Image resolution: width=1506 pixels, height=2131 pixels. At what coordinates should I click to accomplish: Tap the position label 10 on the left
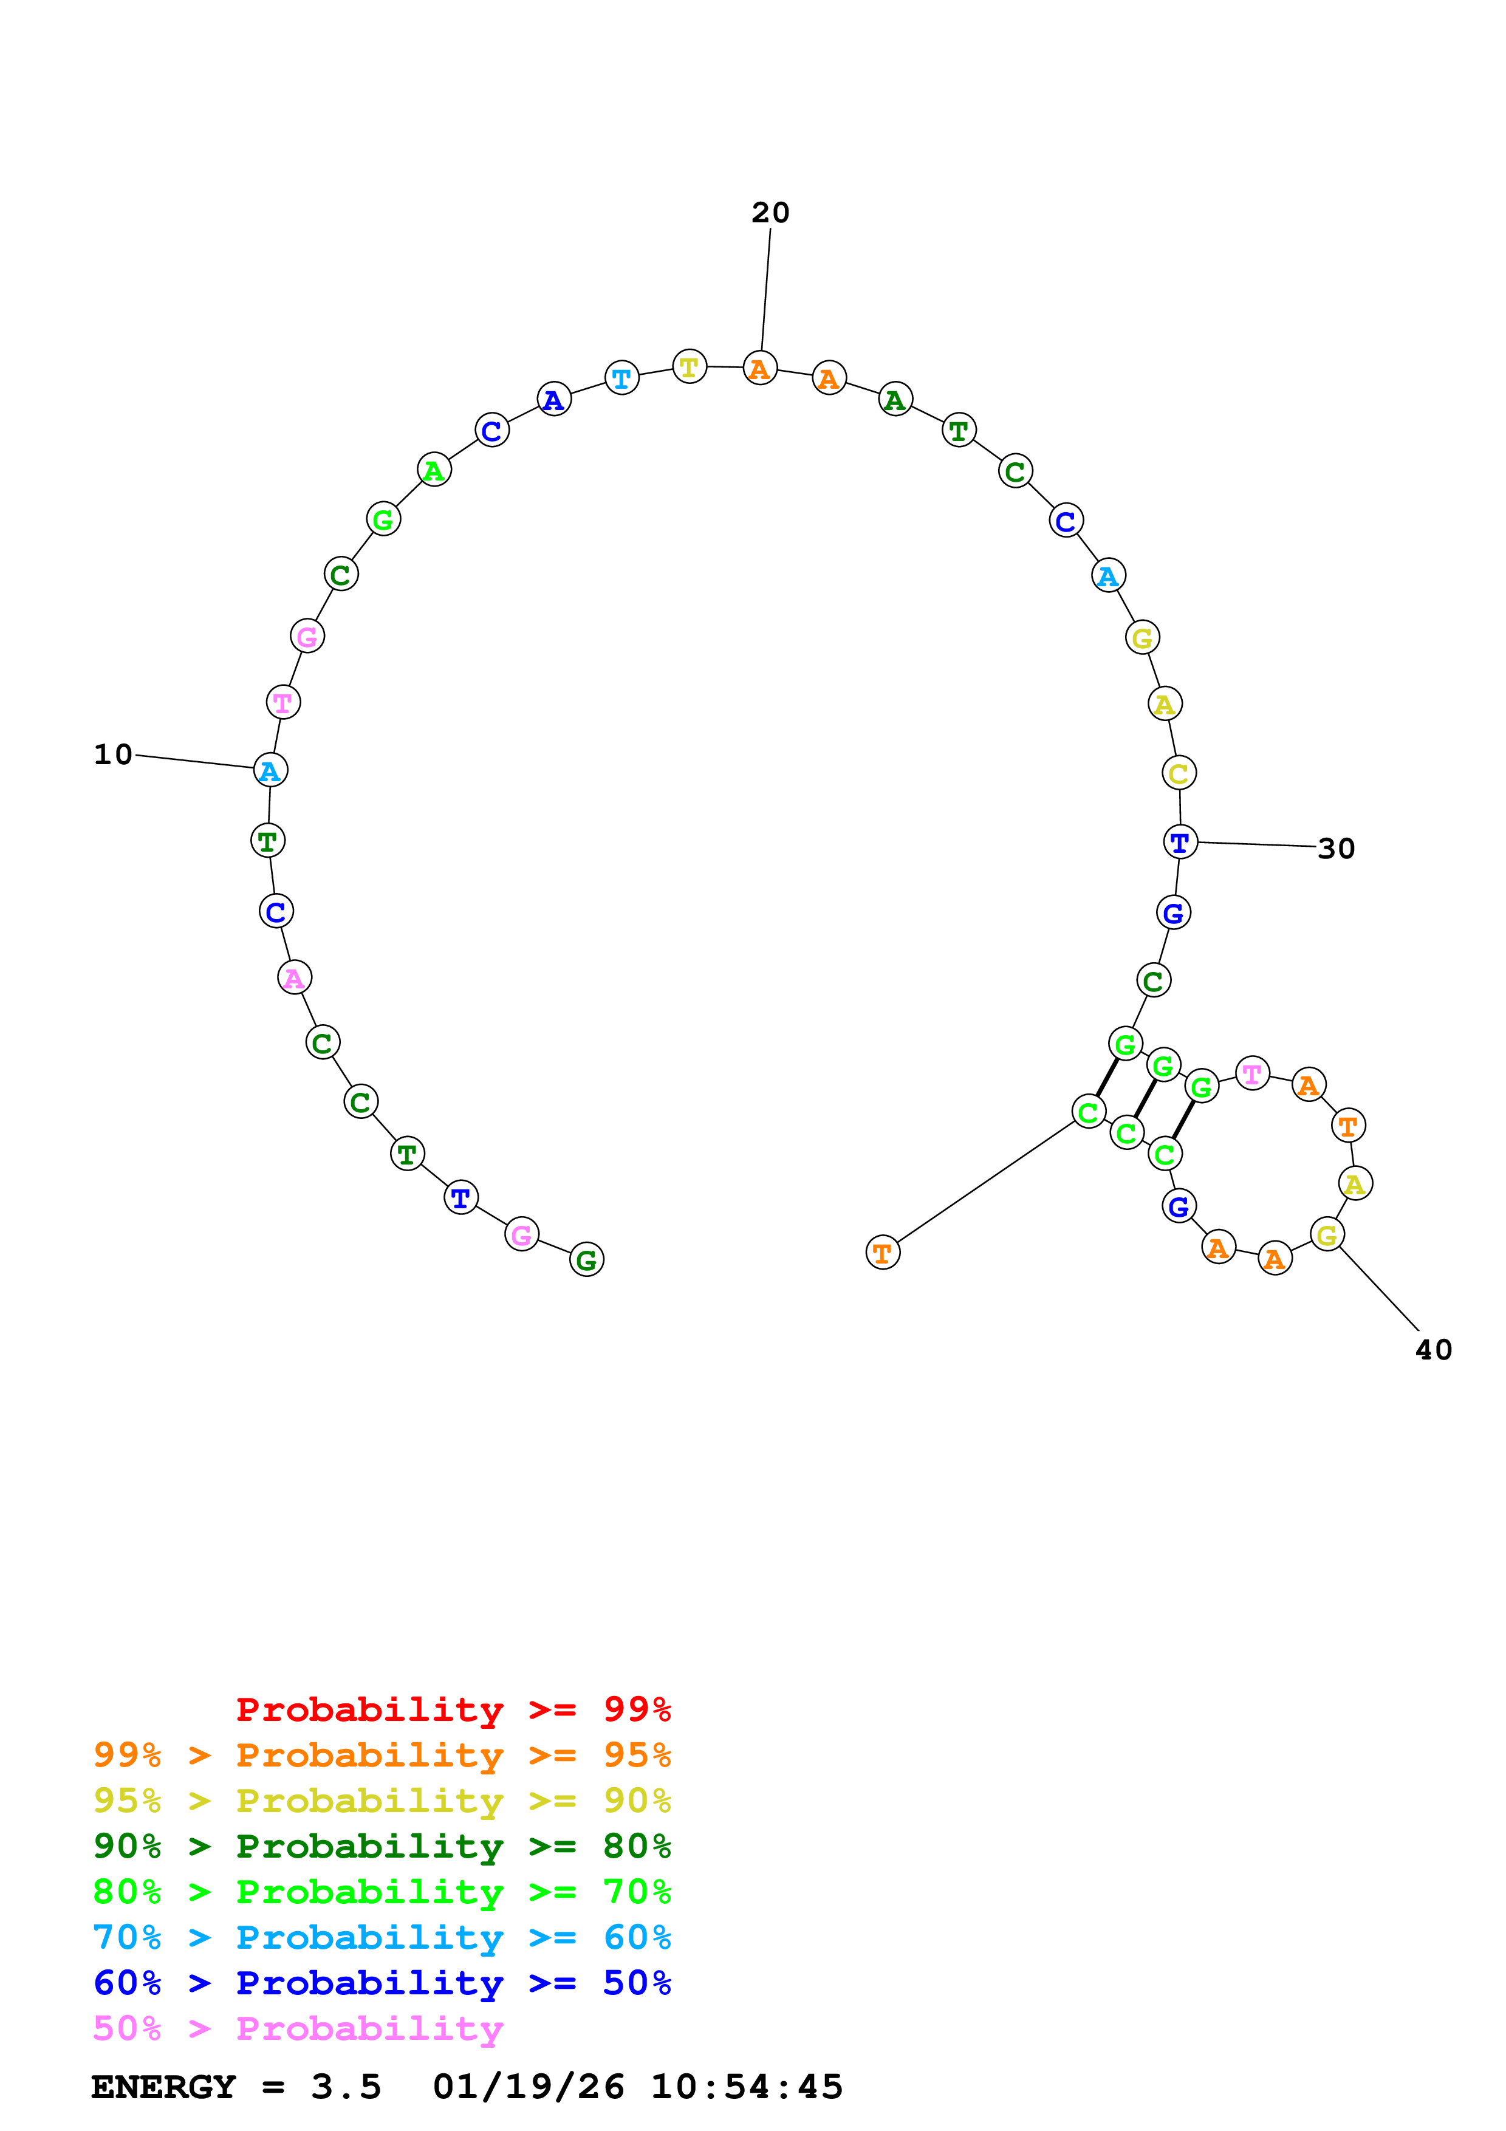click(x=113, y=754)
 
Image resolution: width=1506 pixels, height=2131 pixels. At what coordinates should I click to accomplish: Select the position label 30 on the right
click(x=1335, y=848)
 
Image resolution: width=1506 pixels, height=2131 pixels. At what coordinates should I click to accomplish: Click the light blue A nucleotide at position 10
click(x=270, y=770)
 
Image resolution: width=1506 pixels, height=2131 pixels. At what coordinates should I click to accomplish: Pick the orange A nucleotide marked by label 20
click(x=760, y=369)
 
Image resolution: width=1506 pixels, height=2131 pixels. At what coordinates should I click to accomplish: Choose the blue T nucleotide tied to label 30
click(x=1179, y=843)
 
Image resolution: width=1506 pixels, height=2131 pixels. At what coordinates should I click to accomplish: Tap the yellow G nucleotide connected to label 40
click(x=1327, y=1236)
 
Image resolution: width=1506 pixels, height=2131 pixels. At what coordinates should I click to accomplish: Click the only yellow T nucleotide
click(x=688, y=367)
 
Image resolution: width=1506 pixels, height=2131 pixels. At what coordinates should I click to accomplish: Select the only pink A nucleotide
click(x=294, y=977)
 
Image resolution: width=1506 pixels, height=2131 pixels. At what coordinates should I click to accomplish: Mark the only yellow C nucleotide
click(x=1179, y=773)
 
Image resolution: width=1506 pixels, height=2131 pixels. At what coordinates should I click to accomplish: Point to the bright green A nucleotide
click(x=433, y=471)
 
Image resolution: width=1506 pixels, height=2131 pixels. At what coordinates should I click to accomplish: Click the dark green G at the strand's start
click(x=586, y=1259)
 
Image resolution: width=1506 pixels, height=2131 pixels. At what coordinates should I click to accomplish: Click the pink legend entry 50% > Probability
click(x=298, y=2029)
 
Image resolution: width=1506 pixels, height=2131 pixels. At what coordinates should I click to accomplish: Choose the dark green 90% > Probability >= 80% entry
click(x=382, y=1847)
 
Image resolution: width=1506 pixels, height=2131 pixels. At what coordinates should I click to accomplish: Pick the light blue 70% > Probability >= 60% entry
click(x=382, y=1938)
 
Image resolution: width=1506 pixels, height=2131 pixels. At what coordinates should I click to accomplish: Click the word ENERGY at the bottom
click(x=163, y=2087)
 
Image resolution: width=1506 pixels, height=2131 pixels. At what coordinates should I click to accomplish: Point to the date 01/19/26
click(x=528, y=2087)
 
